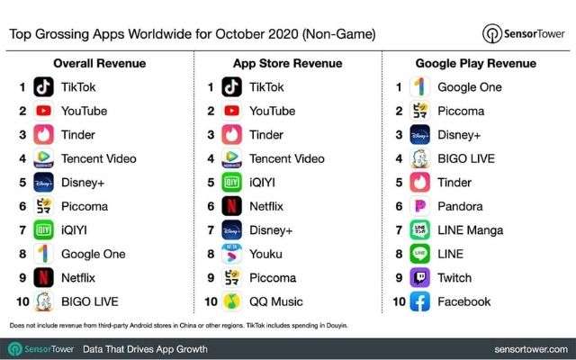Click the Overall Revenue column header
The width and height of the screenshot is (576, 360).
[95, 64]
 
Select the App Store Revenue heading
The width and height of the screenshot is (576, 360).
[287, 64]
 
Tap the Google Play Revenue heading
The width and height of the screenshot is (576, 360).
[476, 64]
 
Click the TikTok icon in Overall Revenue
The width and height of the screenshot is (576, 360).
[43, 87]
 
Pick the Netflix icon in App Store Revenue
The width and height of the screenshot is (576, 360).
[232, 206]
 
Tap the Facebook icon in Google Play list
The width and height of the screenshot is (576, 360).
[419, 301]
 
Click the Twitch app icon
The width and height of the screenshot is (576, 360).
[419, 278]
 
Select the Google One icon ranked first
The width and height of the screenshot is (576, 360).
[419, 87]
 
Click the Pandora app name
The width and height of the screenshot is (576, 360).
[460, 206]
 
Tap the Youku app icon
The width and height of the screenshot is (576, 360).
[232, 254]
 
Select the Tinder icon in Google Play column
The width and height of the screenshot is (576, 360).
[419, 183]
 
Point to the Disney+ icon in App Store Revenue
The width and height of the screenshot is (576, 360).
[232, 230]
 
